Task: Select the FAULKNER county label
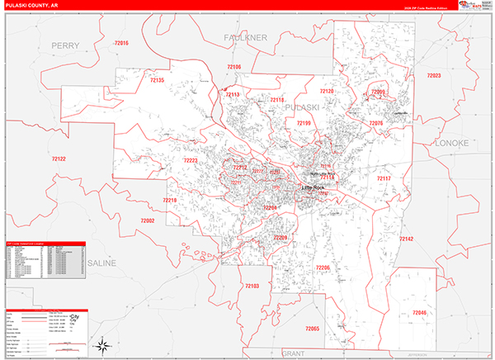[x=246, y=38]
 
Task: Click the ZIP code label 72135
[x=157, y=80]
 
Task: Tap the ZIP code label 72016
[x=122, y=42]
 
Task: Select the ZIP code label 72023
[x=434, y=76]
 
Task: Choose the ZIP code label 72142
[x=406, y=239]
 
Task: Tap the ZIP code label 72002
[x=148, y=220]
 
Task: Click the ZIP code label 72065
[x=312, y=329]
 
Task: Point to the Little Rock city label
[x=313, y=187]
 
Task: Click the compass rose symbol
[x=103, y=344]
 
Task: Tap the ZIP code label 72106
[x=233, y=66]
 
